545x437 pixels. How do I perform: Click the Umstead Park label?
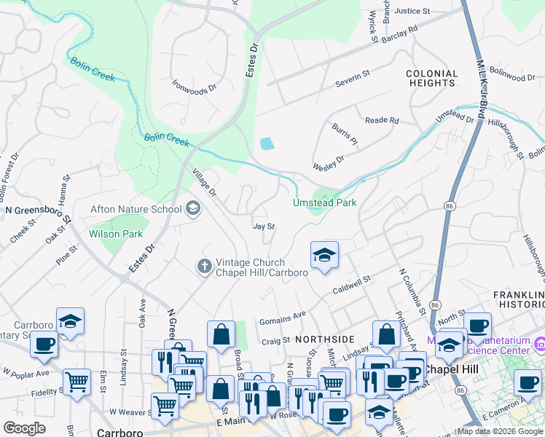[325, 202]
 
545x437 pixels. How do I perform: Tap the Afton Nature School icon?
[193, 210]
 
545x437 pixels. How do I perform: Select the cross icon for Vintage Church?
[205, 267]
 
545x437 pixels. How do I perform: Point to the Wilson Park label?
[115, 235]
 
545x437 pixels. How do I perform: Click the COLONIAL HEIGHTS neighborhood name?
[431, 79]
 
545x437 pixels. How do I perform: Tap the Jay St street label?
[263, 227]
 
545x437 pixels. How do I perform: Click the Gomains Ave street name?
[282, 318]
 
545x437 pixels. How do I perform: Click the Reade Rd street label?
[382, 120]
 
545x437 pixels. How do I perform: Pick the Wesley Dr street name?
[329, 162]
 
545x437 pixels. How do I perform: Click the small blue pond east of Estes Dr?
[267, 143]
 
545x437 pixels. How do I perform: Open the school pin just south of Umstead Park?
[324, 256]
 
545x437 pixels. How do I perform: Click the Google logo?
[24, 428]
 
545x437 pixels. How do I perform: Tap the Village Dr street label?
[204, 183]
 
